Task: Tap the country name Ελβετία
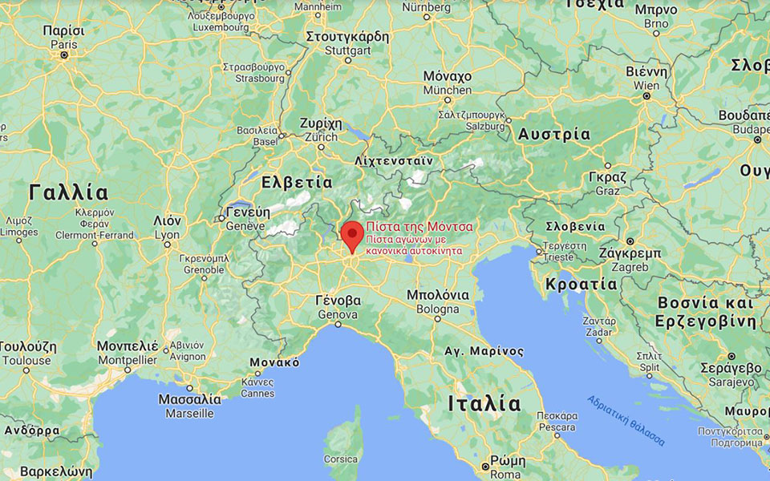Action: tap(297, 182)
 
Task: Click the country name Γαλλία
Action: tap(67, 192)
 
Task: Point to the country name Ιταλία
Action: tap(484, 402)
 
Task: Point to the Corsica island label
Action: tap(340, 459)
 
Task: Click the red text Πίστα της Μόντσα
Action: tap(419, 227)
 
